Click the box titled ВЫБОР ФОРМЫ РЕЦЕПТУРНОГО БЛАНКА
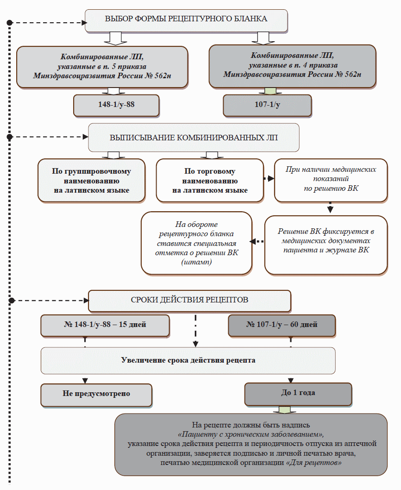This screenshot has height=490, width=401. pos(186,20)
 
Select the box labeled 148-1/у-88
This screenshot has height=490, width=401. pos(116,105)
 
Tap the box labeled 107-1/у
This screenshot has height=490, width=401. pos(267,105)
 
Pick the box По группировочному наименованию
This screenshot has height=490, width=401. pos(91,181)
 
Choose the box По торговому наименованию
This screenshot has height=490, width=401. pos(209,181)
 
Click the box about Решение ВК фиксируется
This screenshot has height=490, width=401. pos(326,245)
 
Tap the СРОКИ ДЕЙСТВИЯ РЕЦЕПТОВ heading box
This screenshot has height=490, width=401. pos(189,300)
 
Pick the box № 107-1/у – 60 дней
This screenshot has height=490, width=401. pos(281,325)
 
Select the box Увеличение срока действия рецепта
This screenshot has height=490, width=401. pos(188,360)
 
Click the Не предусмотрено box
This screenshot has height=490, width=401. pos(96,394)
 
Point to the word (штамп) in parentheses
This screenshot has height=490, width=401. pos(196,262)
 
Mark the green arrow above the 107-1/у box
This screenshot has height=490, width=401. pos(267,90)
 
